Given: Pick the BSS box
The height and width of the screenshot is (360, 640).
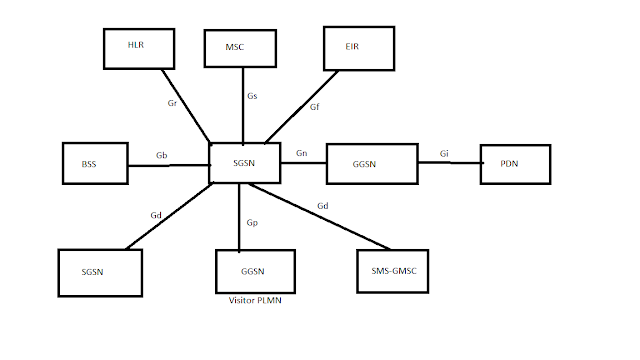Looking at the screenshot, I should pos(94,163).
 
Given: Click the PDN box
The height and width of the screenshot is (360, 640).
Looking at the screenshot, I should pos(516,163).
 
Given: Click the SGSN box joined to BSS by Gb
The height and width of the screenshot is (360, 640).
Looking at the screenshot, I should pos(244,163).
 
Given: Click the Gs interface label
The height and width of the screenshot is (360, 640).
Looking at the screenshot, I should pos(253,97).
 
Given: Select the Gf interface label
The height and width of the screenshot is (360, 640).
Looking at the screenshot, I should pos(315,108).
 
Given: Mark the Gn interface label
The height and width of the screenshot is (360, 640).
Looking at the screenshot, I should pos(301,153).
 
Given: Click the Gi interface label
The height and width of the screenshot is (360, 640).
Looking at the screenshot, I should pos(445,153).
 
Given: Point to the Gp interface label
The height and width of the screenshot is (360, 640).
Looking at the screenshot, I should pos(252,222).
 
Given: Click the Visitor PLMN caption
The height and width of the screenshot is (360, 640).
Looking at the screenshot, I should pos(256,299).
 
